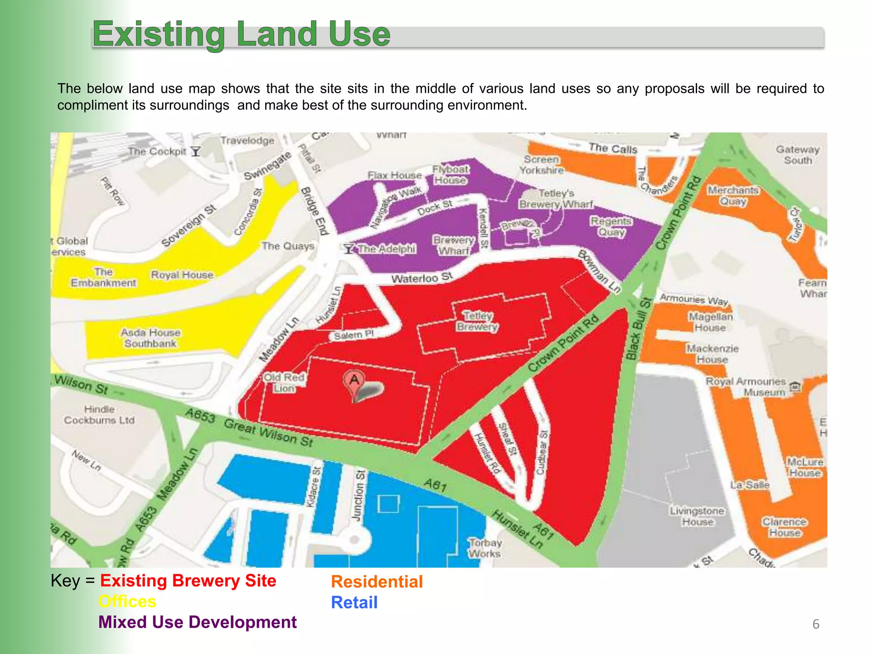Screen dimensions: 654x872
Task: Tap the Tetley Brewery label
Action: (x=477, y=321)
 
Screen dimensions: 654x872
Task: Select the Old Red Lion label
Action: (x=284, y=383)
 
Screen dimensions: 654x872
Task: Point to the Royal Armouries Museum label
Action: (x=746, y=387)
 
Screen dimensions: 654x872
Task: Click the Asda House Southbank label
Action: (x=150, y=338)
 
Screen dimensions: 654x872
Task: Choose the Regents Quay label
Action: (x=611, y=227)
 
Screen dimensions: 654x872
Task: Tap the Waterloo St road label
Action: (x=422, y=278)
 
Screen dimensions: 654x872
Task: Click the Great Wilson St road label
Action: (x=268, y=432)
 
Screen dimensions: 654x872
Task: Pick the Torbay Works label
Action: (x=485, y=548)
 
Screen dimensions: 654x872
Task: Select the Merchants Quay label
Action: (x=733, y=196)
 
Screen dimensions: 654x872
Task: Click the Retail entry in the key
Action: (x=354, y=602)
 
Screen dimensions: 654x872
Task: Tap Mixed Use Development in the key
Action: (x=198, y=622)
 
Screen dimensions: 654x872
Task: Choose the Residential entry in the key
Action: (x=377, y=582)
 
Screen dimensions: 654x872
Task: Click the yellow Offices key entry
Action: (x=127, y=601)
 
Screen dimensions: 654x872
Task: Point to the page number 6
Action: (x=816, y=624)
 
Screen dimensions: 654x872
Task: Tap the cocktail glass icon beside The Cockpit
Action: (x=195, y=152)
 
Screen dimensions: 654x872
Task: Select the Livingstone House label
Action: (x=697, y=516)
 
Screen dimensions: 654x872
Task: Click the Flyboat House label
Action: (x=450, y=175)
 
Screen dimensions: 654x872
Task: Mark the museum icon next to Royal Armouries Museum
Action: (x=795, y=387)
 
